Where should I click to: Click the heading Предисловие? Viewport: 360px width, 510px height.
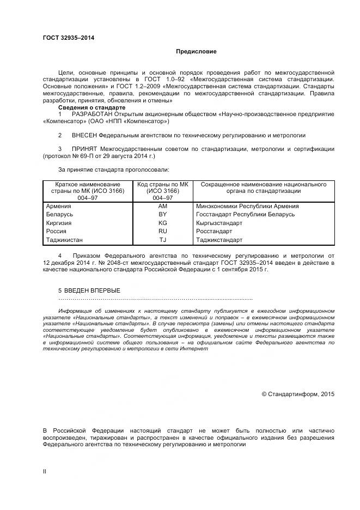coord(196,52)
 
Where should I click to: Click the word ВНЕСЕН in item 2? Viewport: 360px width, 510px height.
coord(85,135)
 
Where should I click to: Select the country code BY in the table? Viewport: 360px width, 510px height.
coord(162,214)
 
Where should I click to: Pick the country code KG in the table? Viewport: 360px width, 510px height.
coord(162,223)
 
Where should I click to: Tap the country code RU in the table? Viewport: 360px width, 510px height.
coord(162,231)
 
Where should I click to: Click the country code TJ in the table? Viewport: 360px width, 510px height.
coord(162,240)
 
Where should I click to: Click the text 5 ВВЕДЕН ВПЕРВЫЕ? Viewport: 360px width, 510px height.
coord(89,290)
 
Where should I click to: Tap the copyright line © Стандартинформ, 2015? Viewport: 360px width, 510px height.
coord(298,394)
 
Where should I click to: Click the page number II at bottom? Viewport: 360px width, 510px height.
coord(45,471)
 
